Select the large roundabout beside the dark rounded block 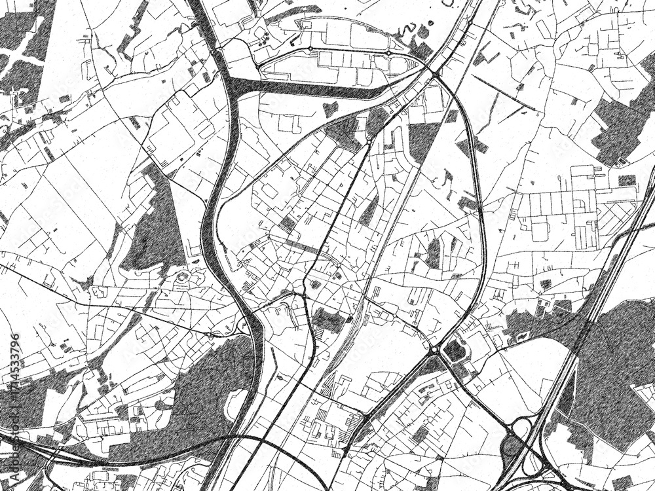[x=434, y=350]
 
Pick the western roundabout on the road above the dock [x=310, y=48]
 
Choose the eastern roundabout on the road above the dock [x=388, y=52]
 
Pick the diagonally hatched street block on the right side [x=616, y=213]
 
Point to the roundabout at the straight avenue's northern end [x=369, y=139]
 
